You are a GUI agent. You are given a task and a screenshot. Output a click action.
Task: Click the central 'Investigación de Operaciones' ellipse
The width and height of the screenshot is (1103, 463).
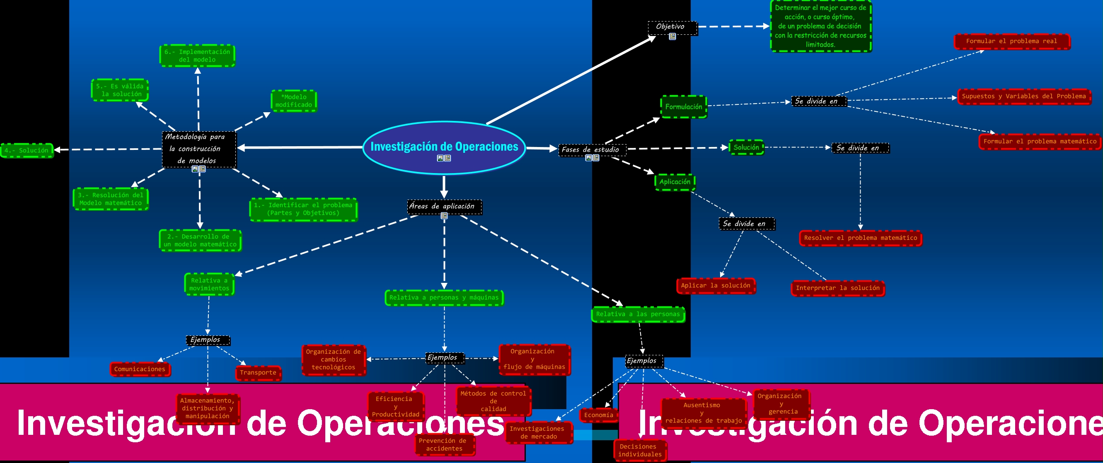(x=444, y=147)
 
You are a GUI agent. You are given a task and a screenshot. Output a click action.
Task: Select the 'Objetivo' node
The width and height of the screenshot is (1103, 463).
(x=671, y=27)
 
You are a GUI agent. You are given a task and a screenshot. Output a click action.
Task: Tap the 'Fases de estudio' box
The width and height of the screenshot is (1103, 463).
(x=591, y=150)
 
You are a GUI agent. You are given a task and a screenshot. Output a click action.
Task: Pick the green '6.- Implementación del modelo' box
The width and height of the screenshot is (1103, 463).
(x=197, y=55)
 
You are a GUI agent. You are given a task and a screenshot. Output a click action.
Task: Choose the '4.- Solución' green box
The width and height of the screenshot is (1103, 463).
(x=27, y=151)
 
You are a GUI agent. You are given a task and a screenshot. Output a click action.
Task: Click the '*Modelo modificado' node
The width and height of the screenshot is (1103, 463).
(x=294, y=101)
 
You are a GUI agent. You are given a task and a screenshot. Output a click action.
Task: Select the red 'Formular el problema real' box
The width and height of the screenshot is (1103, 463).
(x=1011, y=41)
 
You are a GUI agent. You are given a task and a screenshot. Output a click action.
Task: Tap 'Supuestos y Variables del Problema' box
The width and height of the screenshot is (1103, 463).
(x=1024, y=96)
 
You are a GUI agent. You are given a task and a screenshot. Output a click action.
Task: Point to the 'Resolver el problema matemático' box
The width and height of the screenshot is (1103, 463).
(x=860, y=238)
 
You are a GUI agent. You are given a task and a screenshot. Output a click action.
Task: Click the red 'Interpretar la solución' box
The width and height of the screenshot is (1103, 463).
(x=837, y=288)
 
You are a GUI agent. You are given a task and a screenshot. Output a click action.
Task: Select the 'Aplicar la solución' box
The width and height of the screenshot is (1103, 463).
(x=716, y=285)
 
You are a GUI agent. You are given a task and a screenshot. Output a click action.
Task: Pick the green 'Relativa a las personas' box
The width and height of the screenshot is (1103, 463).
(x=638, y=314)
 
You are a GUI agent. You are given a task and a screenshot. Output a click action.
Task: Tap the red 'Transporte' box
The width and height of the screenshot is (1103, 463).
(x=258, y=373)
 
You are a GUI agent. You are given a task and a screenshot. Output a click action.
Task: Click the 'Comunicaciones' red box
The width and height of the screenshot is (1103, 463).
(x=140, y=369)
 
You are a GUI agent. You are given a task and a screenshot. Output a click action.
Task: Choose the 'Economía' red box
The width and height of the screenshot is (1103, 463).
(x=598, y=415)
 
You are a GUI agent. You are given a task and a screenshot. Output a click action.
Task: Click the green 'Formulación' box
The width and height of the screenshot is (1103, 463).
(x=683, y=106)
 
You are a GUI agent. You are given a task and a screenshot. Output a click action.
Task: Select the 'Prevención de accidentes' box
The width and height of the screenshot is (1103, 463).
(x=444, y=445)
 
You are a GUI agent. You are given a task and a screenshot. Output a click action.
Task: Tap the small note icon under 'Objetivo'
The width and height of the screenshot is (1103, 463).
(x=672, y=37)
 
